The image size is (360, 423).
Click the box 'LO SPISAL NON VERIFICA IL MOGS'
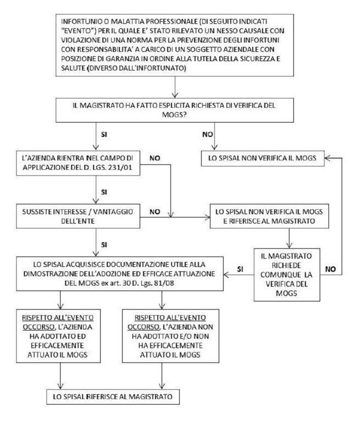coord(262,158)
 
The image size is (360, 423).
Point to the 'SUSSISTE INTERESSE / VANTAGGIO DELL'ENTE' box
coord(78,216)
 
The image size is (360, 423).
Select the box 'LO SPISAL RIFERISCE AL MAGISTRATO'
coord(113,397)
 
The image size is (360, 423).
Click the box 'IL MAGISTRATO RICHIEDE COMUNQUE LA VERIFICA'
coord(286,275)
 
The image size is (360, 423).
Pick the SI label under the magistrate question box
coord(104,134)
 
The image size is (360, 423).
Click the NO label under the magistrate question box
coord(207,134)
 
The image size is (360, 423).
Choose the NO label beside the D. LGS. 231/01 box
coord(155,158)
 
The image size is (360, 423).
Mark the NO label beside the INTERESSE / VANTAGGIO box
coord(155,212)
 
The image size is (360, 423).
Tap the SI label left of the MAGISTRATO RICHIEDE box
coord(240,269)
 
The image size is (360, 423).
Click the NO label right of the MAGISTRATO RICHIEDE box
coord(330,269)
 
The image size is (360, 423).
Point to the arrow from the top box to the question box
coord(175,87)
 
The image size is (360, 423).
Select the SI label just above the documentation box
coord(104,245)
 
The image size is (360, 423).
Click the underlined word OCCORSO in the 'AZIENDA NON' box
coord(143,327)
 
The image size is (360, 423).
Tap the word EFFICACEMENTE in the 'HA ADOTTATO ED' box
coord(57,345)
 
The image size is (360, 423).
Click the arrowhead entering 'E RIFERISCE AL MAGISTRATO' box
coord(208,217)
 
